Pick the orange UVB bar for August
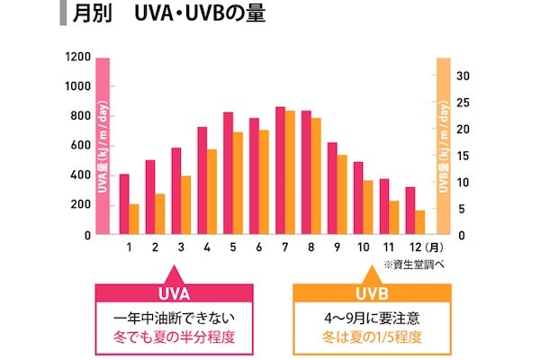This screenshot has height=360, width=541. [316, 176]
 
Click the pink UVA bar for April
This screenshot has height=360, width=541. [203, 181]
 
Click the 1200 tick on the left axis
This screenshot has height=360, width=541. [78, 57]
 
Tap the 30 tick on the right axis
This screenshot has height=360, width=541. [461, 76]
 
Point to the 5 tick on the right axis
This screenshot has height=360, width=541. [461, 209]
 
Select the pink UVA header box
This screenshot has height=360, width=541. [172, 295]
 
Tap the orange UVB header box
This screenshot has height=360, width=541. [370, 295]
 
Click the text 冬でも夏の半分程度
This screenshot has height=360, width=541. [172, 338]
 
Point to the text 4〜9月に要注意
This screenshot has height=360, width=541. [370, 318]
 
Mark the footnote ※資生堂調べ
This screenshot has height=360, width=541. [413, 265]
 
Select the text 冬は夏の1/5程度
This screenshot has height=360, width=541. [370, 338]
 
